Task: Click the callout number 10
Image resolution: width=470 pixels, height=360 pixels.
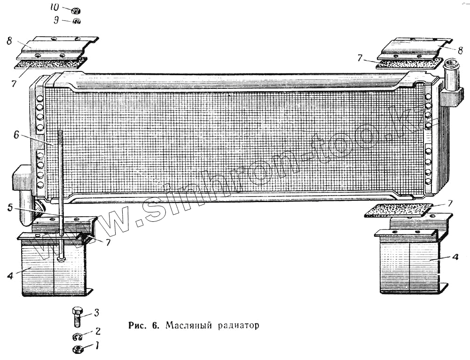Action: pyautogui.click(x=55, y=8)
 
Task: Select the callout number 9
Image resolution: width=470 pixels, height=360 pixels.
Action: pyautogui.click(x=56, y=21)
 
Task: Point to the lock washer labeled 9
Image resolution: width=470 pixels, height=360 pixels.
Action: pyautogui.click(x=76, y=21)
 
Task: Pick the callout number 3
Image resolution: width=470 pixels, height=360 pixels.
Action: pyautogui.click(x=96, y=312)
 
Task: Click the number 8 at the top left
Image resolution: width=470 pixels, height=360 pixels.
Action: pyautogui.click(x=9, y=41)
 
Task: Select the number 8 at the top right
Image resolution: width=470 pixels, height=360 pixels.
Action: pyautogui.click(x=460, y=49)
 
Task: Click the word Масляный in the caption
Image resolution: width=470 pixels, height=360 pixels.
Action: pyautogui.click(x=187, y=325)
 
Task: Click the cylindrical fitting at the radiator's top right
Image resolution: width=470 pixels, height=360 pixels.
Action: pyautogui.click(x=452, y=75)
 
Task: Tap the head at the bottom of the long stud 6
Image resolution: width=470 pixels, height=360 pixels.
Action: pyautogui.click(x=62, y=258)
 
